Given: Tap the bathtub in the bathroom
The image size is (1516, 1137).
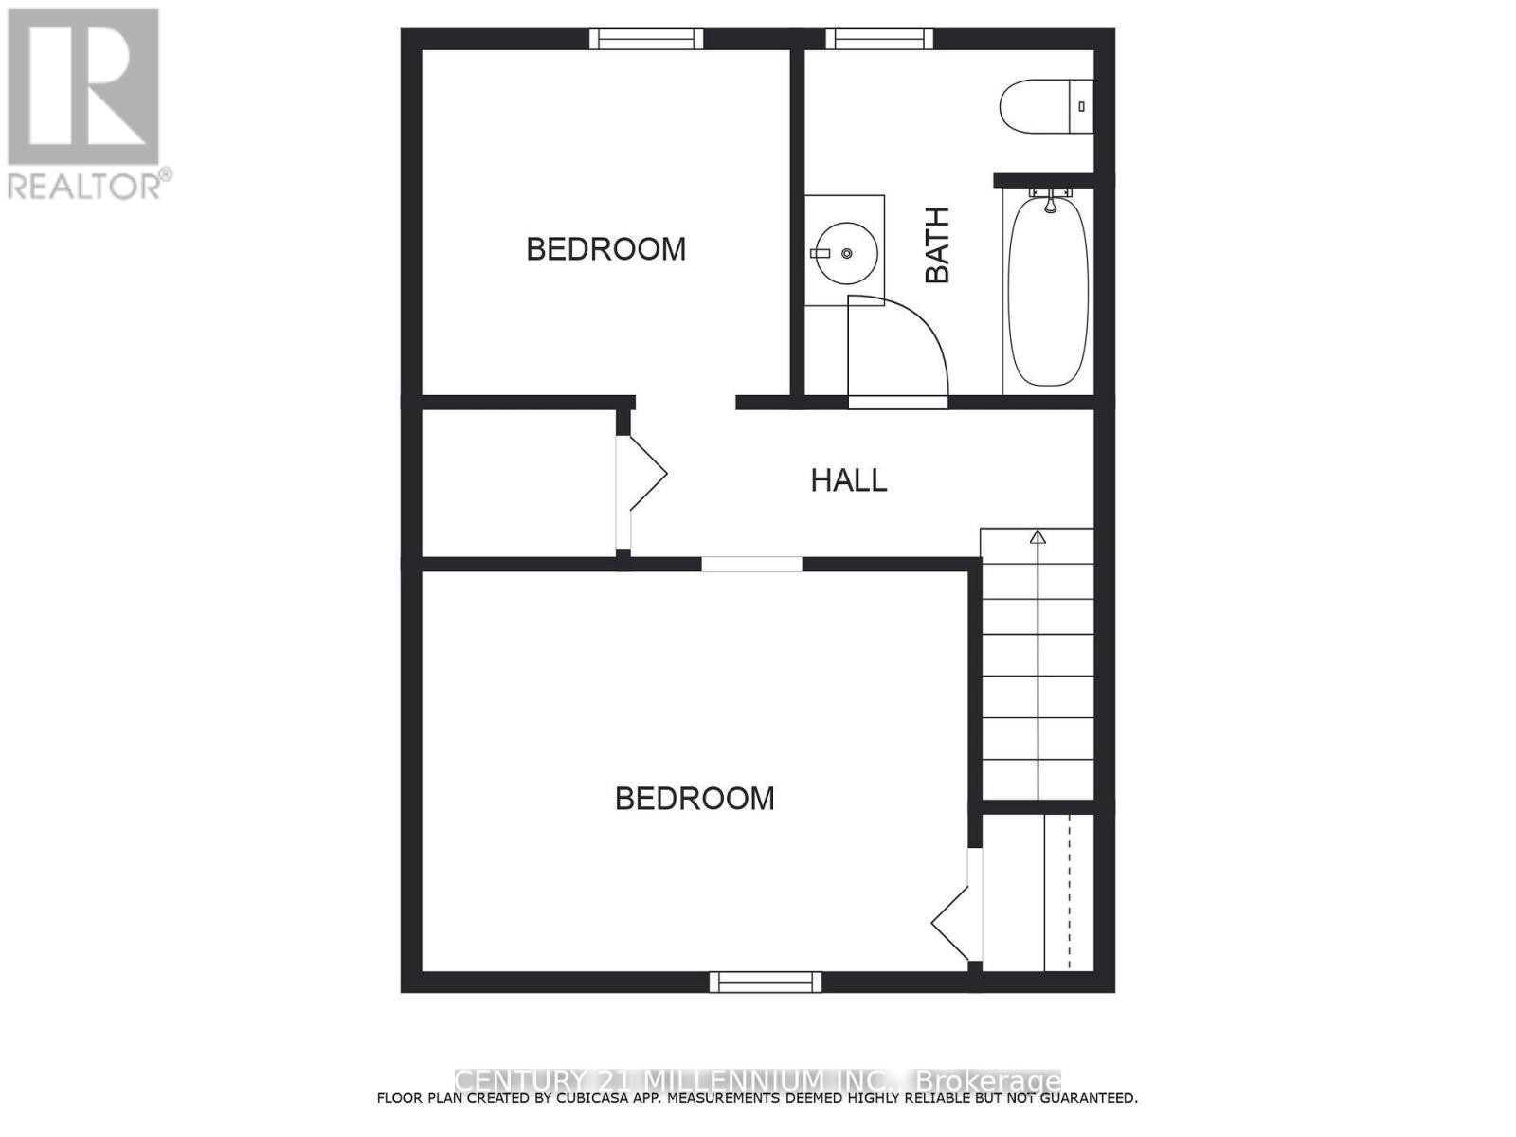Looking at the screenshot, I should click(1048, 290).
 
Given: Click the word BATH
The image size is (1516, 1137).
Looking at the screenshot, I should click(937, 245).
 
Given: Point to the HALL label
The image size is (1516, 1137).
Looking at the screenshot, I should click(848, 480).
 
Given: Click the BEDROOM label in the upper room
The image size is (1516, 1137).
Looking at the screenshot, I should click(605, 249).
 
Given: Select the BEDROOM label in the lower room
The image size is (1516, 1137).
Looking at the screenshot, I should click(695, 799).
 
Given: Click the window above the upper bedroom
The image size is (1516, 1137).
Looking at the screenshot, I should click(646, 39).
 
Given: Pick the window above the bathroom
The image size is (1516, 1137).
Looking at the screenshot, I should click(879, 39).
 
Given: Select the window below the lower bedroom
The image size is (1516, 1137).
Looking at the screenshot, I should click(766, 982).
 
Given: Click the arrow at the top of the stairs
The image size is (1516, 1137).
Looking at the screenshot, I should click(1038, 537).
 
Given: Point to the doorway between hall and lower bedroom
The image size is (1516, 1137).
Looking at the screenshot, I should click(751, 565).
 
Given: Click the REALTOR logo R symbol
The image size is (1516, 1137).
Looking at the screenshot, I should click(83, 86).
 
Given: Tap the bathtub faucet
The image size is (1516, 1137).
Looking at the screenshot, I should click(1050, 200).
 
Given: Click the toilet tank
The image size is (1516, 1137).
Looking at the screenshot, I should click(1081, 106).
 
